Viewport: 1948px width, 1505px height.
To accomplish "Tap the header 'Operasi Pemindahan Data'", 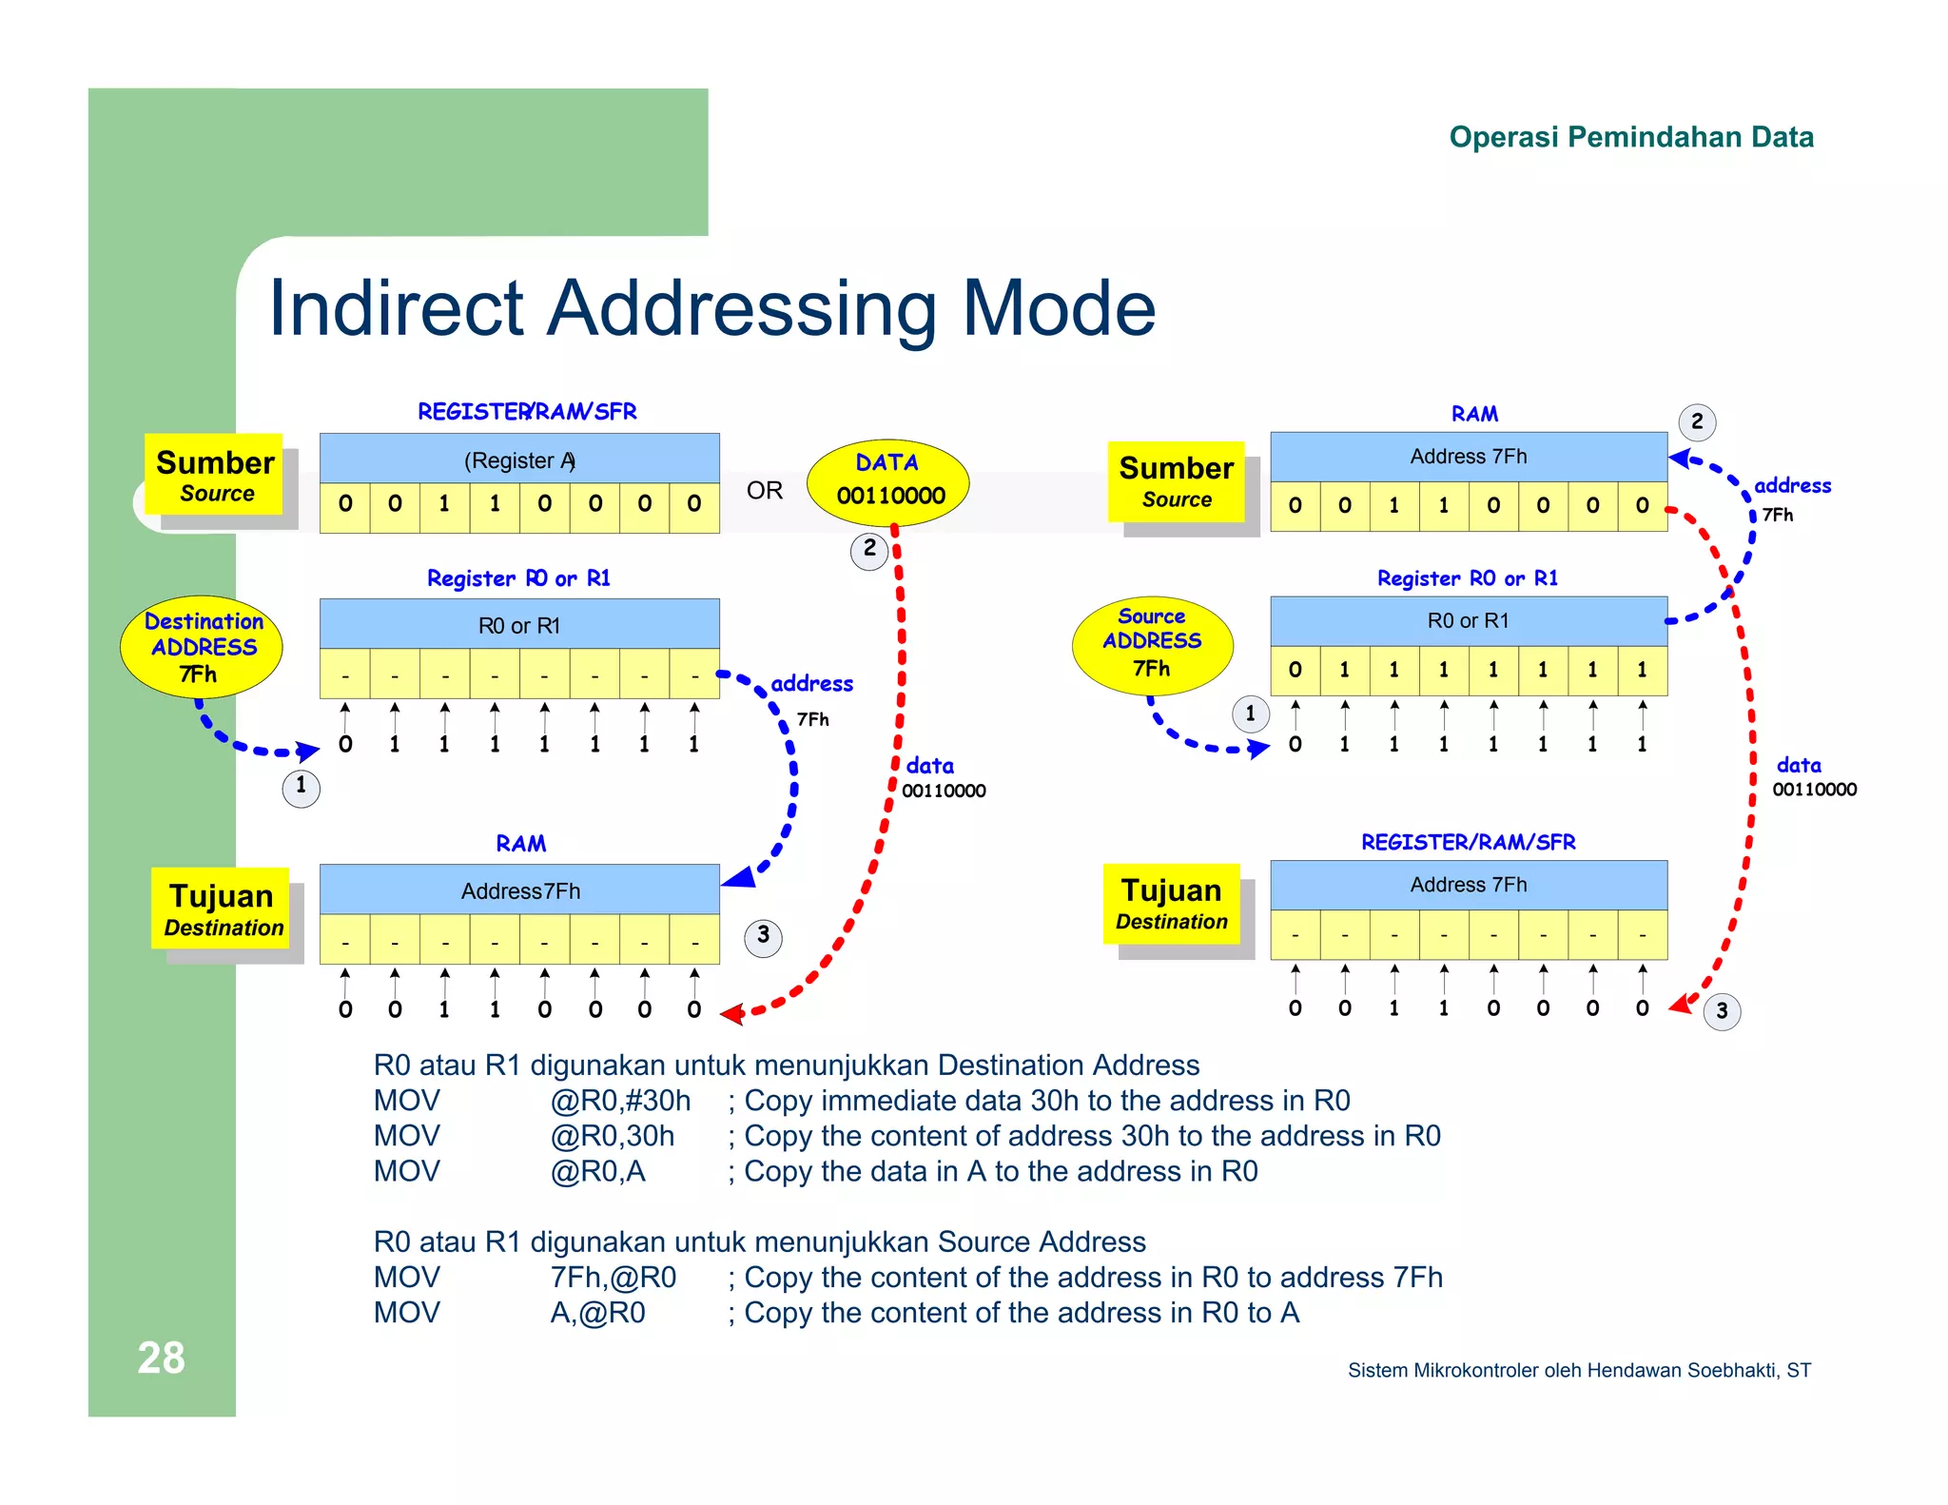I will [1630, 137].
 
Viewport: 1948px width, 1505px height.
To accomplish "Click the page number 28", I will [161, 1358].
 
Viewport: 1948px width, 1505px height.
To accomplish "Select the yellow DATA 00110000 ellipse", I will [887, 482].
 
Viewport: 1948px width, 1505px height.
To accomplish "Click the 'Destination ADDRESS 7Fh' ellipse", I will [202, 647].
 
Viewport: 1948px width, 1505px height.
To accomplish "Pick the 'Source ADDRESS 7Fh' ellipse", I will [1152, 644].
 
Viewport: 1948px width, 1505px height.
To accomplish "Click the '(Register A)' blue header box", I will [519, 459].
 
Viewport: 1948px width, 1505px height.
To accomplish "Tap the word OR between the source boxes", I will [764, 491].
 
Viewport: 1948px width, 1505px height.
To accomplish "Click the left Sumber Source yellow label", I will [215, 475].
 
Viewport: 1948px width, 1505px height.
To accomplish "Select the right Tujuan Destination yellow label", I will [1172, 904].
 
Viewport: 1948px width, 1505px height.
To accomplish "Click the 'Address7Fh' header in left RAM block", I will [519, 890].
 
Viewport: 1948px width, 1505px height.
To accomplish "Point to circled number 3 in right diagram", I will [1722, 1011].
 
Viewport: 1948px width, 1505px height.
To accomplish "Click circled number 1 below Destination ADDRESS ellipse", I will [302, 787].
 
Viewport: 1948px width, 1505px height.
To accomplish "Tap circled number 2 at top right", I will [1697, 421].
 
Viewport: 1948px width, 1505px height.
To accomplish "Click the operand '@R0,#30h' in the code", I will [620, 1101].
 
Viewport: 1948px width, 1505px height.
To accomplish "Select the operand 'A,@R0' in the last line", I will [597, 1313].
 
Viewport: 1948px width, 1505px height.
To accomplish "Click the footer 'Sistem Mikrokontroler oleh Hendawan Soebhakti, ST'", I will [1579, 1370].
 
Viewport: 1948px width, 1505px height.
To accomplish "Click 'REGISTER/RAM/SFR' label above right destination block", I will [1468, 842].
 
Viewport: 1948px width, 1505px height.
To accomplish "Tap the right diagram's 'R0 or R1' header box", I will [1468, 620].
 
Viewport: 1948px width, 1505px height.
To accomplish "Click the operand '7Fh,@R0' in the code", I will [614, 1278].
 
